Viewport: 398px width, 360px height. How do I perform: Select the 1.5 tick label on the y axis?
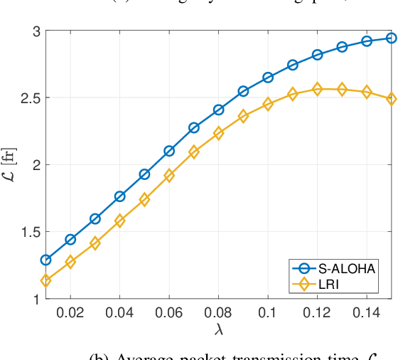click(x=27, y=232)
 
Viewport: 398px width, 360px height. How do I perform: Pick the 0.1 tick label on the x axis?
click(x=268, y=312)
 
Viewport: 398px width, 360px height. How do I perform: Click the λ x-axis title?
click(x=218, y=330)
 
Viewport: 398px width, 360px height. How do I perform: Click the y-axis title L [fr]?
click(x=10, y=165)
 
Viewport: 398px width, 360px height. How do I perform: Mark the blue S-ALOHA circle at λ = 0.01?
click(x=45, y=260)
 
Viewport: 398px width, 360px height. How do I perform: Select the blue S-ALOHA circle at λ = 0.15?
click(x=392, y=38)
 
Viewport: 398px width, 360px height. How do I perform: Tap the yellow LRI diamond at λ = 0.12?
click(x=318, y=89)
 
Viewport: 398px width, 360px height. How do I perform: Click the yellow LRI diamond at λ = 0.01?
click(x=45, y=281)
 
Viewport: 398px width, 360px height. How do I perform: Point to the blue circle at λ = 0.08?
click(x=219, y=110)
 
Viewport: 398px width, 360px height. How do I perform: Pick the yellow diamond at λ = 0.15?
click(x=392, y=98)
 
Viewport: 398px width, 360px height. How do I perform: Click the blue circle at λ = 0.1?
click(x=268, y=77)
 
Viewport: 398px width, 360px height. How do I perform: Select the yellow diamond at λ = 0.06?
click(x=169, y=175)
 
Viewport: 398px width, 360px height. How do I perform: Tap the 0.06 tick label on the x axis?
click(x=169, y=312)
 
